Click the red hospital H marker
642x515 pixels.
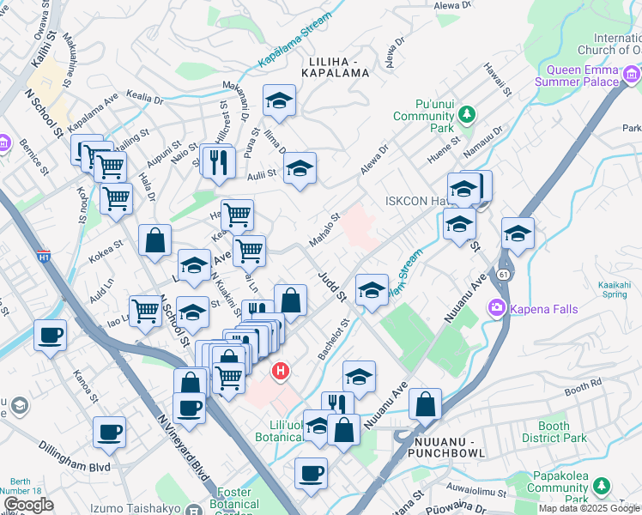[x=280, y=372]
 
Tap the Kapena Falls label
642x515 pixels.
[x=534, y=307]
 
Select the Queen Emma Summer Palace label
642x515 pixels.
[x=588, y=76]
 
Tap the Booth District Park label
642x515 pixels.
[x=554, y=432]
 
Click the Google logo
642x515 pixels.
[x=28, y=505]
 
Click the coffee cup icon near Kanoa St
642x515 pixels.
[x=50, y=335]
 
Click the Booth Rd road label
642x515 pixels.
[x=585, y=387]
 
